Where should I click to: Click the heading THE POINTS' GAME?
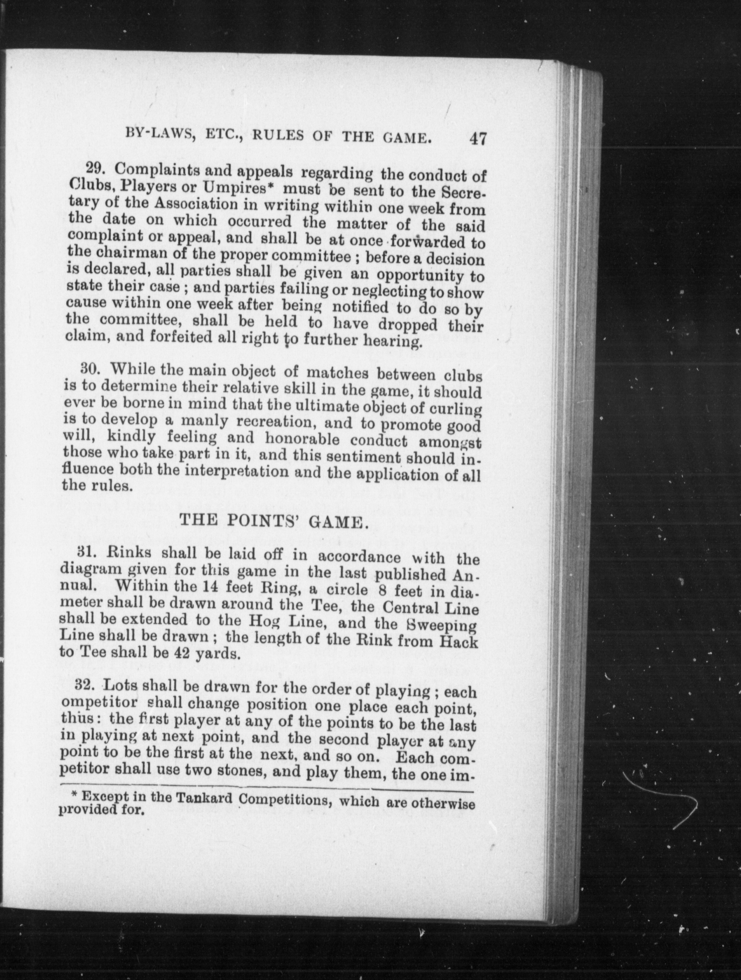(274, 522)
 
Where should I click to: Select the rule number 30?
(91, 369)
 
